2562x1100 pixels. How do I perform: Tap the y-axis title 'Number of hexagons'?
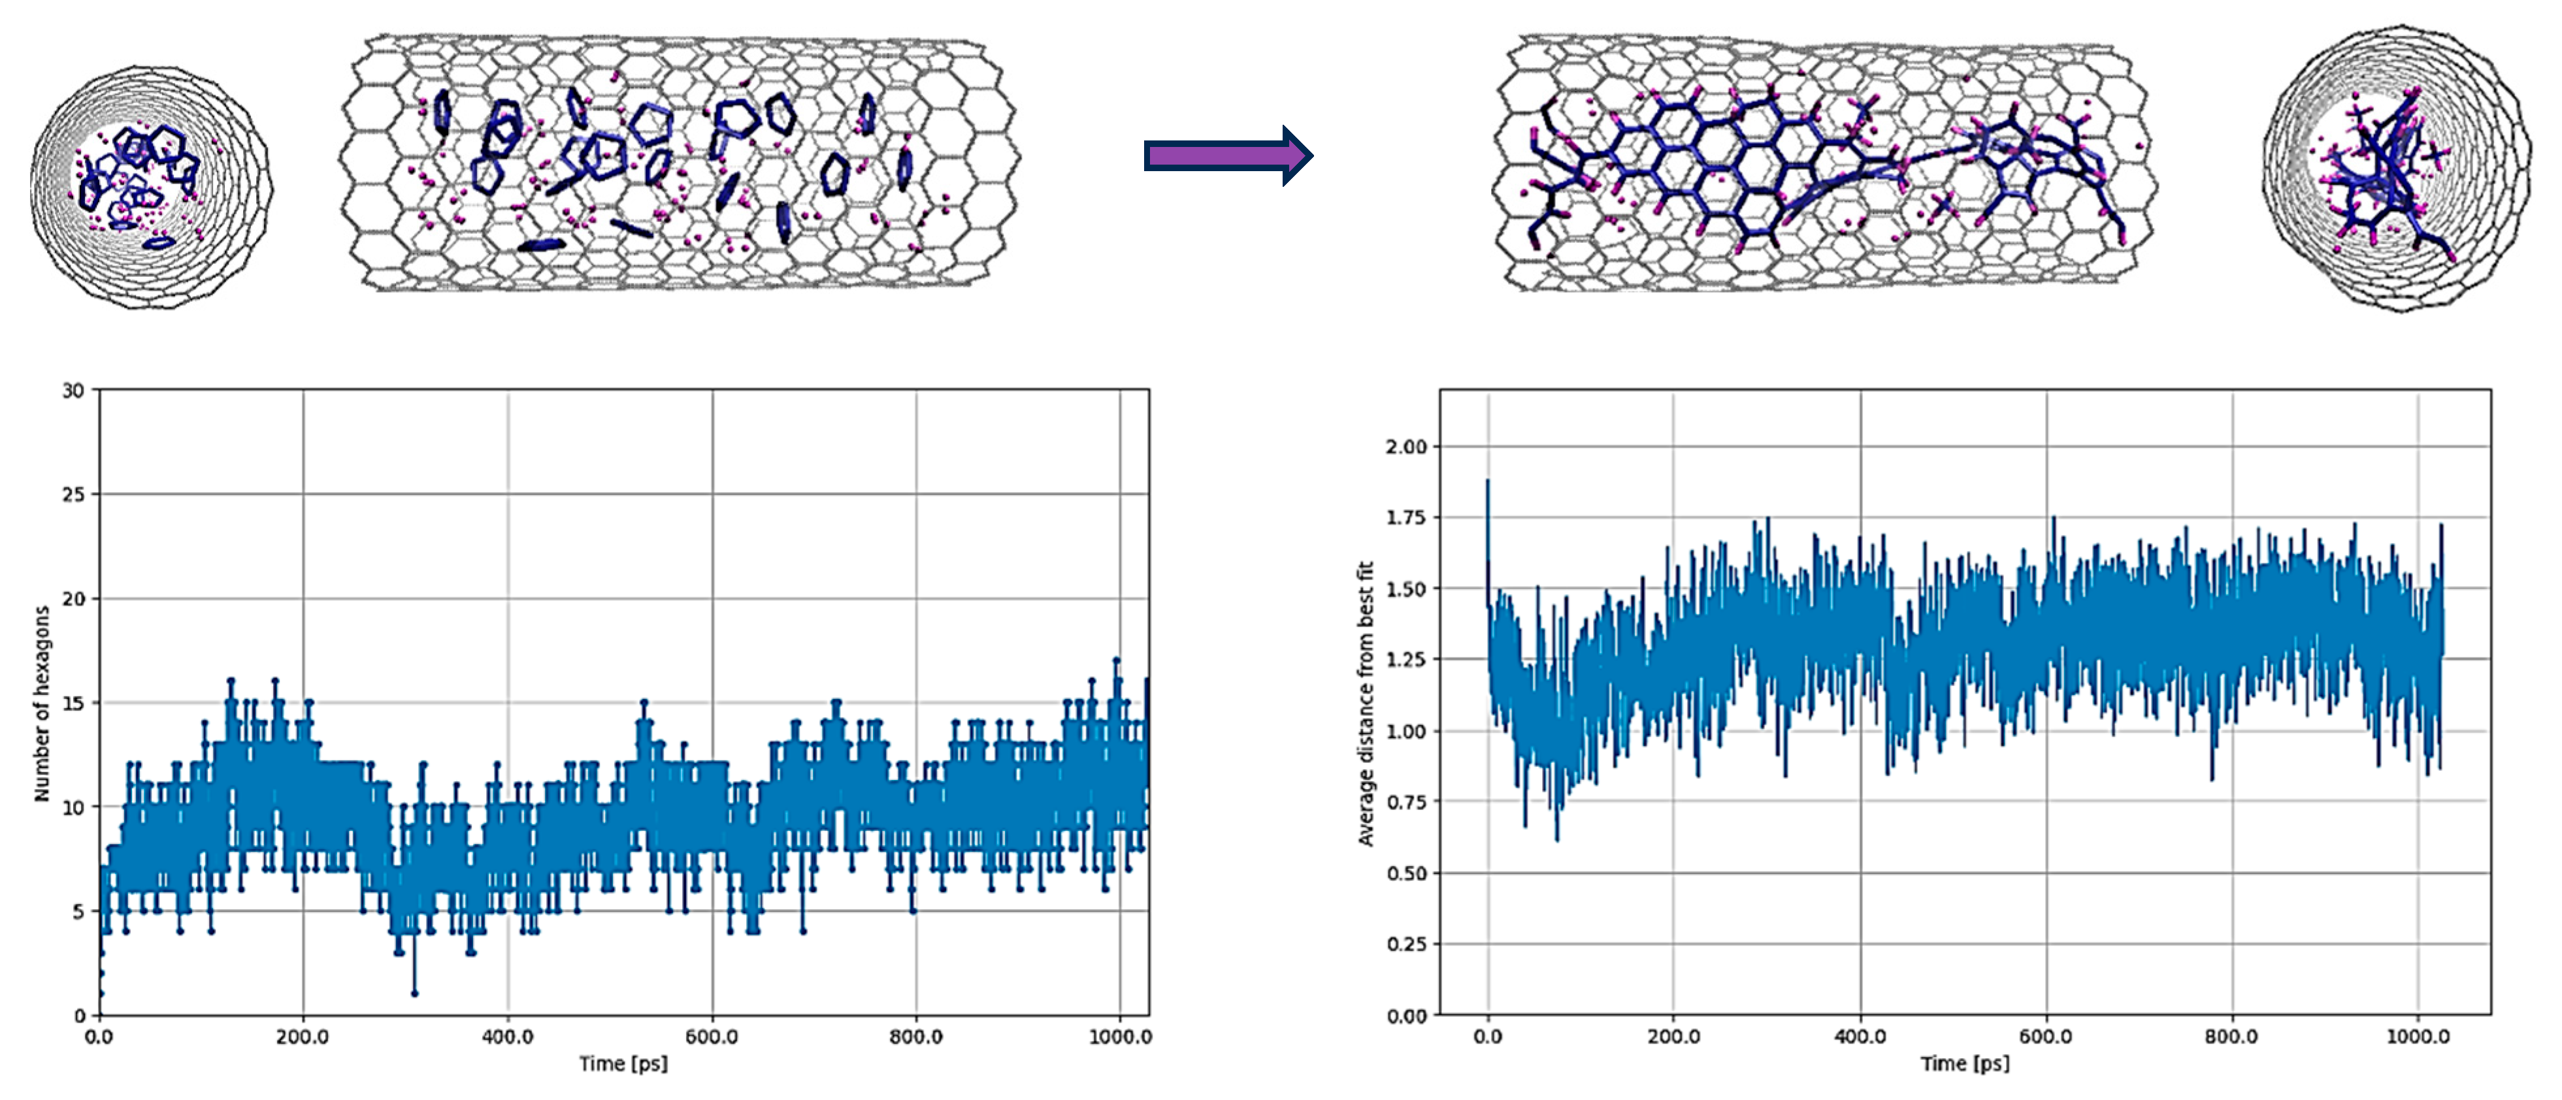point(42,703)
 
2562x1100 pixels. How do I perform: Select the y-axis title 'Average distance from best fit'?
point(1366,703)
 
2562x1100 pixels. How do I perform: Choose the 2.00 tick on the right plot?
point(1406,447)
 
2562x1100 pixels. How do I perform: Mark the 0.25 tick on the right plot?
point(1406,944)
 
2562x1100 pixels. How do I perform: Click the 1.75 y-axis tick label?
point(1406,517)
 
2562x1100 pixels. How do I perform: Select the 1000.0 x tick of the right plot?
point(2418,1037)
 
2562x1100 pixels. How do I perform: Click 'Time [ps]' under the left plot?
point(623,1063)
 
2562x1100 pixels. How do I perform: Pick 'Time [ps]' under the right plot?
point(1964,1063)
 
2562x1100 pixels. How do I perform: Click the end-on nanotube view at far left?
point(149,187)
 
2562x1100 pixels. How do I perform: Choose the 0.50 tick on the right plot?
point(1406,873)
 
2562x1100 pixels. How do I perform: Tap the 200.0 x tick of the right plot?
point(1673,1037)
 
